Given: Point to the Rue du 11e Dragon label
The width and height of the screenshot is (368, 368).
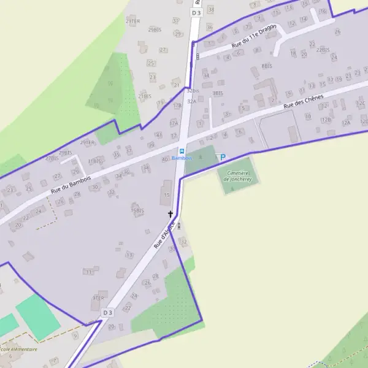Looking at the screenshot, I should point(254,37).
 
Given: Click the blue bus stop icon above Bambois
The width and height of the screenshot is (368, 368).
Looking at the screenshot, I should point(181,150).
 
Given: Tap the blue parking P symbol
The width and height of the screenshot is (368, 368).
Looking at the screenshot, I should point(223,157).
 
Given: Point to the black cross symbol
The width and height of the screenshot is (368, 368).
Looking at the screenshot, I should point(171,214).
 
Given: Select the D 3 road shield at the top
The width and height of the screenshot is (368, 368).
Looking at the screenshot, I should point(196,12).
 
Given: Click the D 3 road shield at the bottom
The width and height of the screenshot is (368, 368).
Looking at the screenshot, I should point(108,312).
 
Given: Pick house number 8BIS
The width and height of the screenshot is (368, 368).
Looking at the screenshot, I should point(266,66).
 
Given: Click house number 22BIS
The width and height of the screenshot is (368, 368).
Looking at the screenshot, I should point(323,49).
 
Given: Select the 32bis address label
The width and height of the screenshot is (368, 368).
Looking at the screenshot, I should point(193,90).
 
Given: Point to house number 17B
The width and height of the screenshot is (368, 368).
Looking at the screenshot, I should point(177,105).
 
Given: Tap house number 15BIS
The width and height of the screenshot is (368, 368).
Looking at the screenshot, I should point(137,210).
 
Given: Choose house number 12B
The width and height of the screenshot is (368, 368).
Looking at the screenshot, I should point(326,120).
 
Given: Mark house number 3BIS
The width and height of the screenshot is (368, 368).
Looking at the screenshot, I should point(218,93).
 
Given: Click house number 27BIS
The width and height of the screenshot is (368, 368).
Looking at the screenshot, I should point(52,158).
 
